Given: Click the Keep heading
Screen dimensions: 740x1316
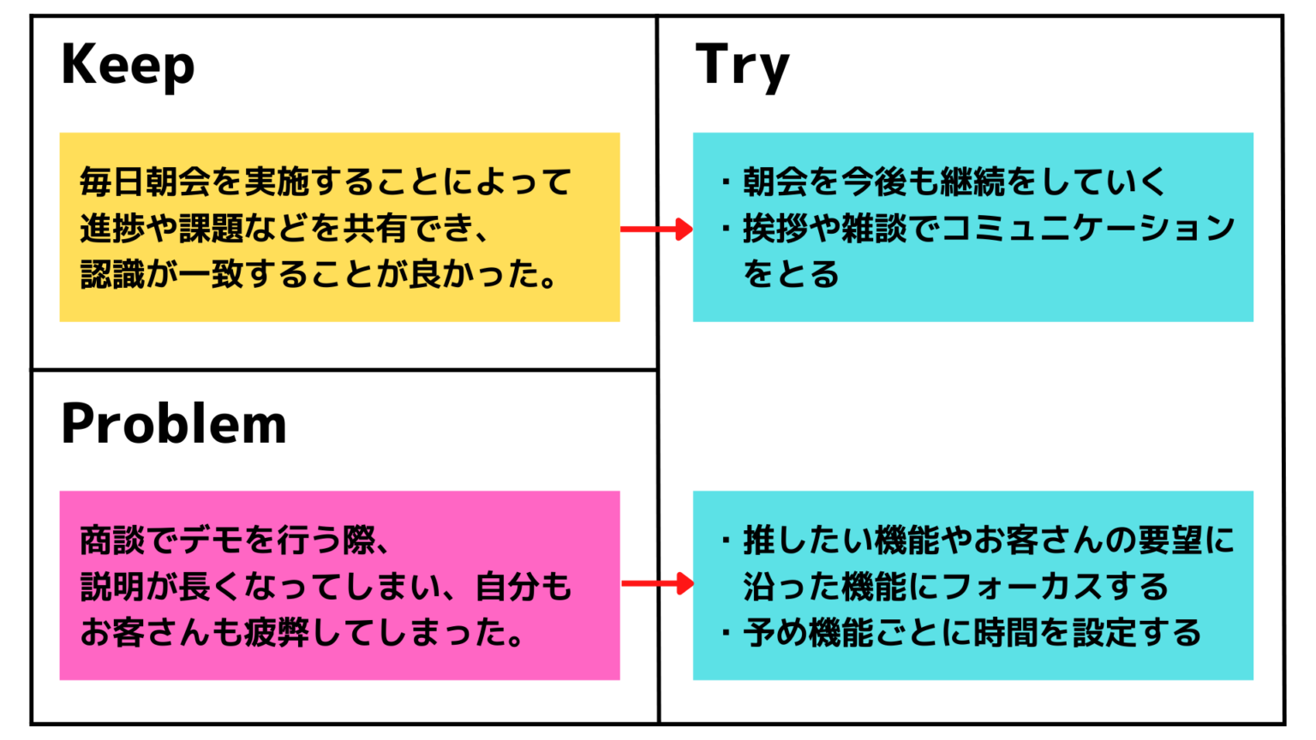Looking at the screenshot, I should [x=128, y=65].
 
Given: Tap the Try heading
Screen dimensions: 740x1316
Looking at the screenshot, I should [x=742, y=65].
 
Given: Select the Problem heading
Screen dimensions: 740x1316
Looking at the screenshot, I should [x=174, y=424].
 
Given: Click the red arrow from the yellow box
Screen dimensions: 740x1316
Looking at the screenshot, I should [x=656, y=229].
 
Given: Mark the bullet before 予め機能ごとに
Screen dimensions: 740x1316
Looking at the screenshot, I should [x=726, y=633].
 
